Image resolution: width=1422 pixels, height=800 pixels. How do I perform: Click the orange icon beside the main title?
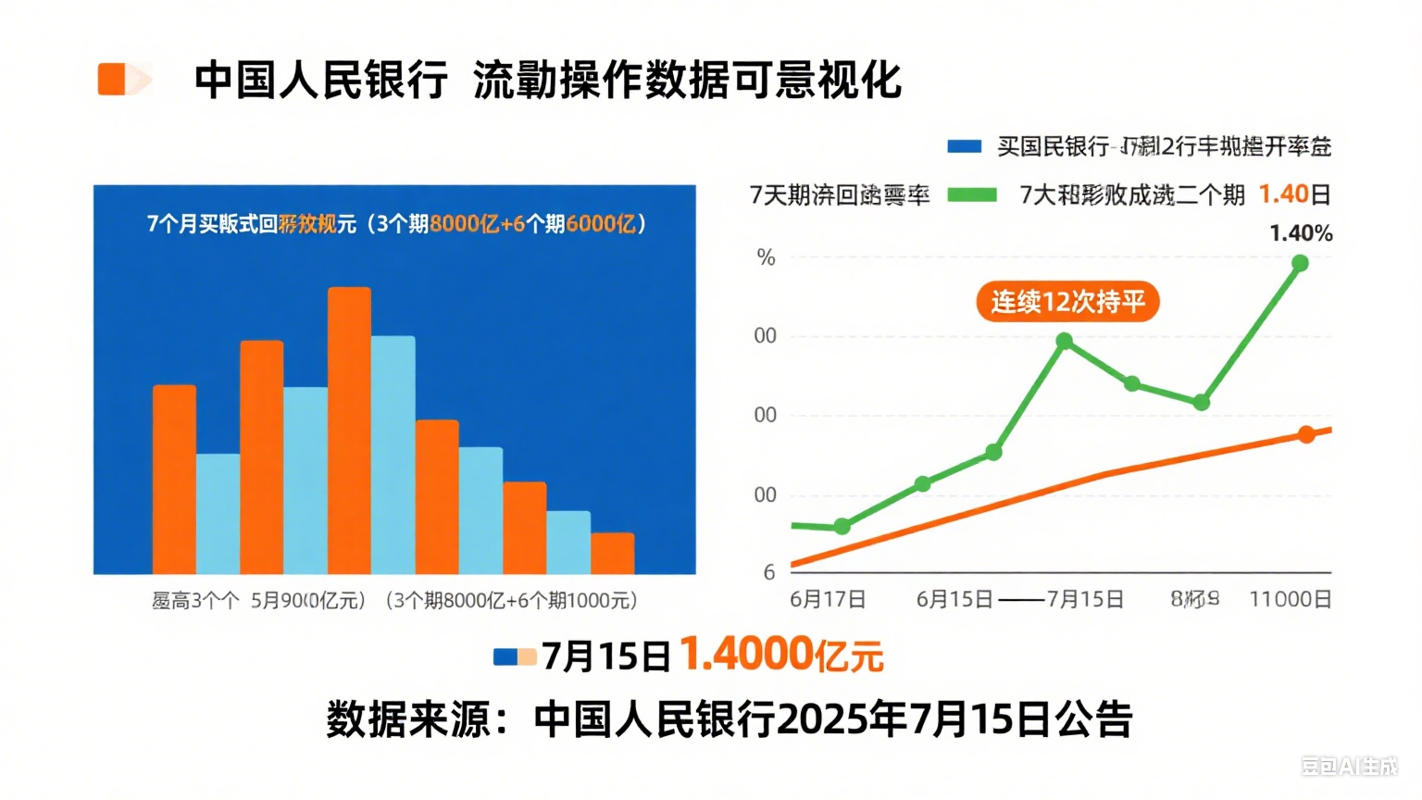coord(123,79)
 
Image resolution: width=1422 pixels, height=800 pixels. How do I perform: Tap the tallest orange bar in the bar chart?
coord(349,430)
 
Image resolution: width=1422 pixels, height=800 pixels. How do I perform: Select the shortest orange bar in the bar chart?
coord(612,553)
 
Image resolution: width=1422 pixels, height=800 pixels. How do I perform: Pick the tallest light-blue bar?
coord(393,454)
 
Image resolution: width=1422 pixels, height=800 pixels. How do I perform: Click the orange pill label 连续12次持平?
coord(1067,302)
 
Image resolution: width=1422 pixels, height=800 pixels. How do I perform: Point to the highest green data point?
coord(1300,264)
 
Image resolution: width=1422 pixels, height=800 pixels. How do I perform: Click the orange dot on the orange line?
coord(1306,434)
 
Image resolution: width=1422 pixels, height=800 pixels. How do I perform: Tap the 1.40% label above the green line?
coord(1300,233)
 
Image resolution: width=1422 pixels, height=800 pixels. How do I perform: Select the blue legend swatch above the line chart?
coord(964,146)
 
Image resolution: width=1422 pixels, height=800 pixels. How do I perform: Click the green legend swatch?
coord(972,194)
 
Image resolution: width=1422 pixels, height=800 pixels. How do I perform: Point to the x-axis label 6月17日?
coord(828,599)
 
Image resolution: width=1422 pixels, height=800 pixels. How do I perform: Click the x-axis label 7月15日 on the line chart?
coord(1085,599)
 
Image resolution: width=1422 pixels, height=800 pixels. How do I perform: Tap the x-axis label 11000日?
coord(1290,599)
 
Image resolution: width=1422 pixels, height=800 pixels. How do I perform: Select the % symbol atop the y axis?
coord(766,257)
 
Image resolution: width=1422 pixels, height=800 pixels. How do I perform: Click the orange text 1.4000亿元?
coord(781,655)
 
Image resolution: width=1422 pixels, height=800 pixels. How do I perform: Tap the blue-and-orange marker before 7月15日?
coord(515,656)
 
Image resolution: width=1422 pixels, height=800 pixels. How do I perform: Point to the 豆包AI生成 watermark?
coord(1349,766)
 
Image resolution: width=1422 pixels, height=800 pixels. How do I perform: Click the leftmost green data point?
coord(842,527)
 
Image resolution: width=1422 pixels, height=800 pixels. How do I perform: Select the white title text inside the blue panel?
coord(396,224)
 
